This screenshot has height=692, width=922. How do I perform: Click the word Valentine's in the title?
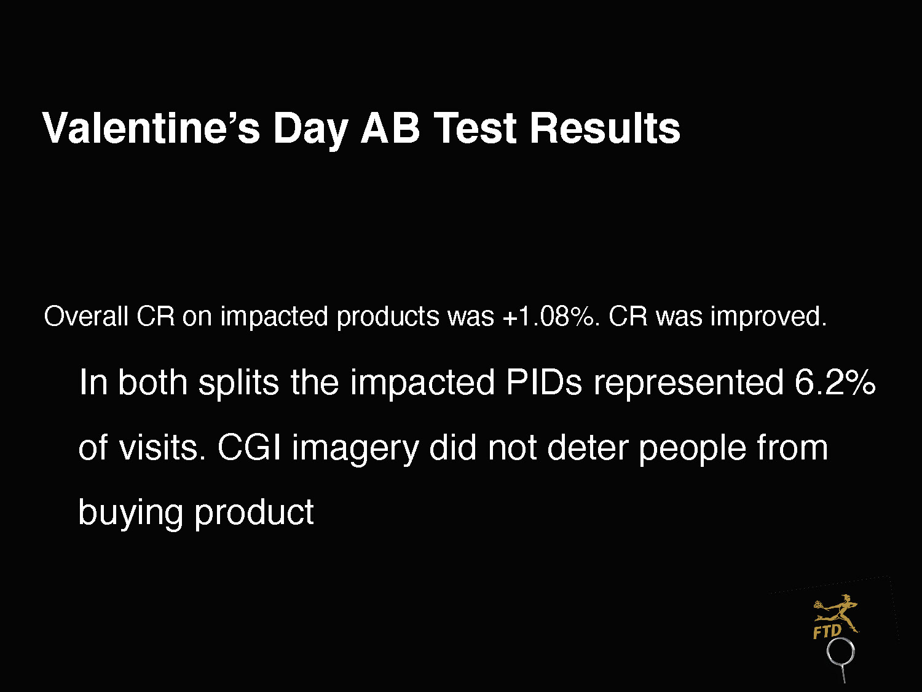tap(151, 128)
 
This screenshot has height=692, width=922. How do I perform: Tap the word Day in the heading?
tap(310, 130)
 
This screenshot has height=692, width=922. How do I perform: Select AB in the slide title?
tap(390, 128)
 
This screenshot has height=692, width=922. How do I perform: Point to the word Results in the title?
tap(605, 128)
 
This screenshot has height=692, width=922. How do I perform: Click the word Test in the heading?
tap(475, 128)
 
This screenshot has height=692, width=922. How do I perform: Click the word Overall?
tap(86, 316)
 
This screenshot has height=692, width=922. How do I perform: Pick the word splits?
tap(238, 383)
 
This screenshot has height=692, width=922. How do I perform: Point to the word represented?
tap(688, 383)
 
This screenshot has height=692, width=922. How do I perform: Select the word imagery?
tap(355, 450)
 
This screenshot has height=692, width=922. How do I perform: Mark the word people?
tap(692, 450)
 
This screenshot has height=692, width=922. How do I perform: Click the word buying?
tap(130, 514)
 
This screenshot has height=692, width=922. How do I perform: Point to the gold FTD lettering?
tap(827, 632)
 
